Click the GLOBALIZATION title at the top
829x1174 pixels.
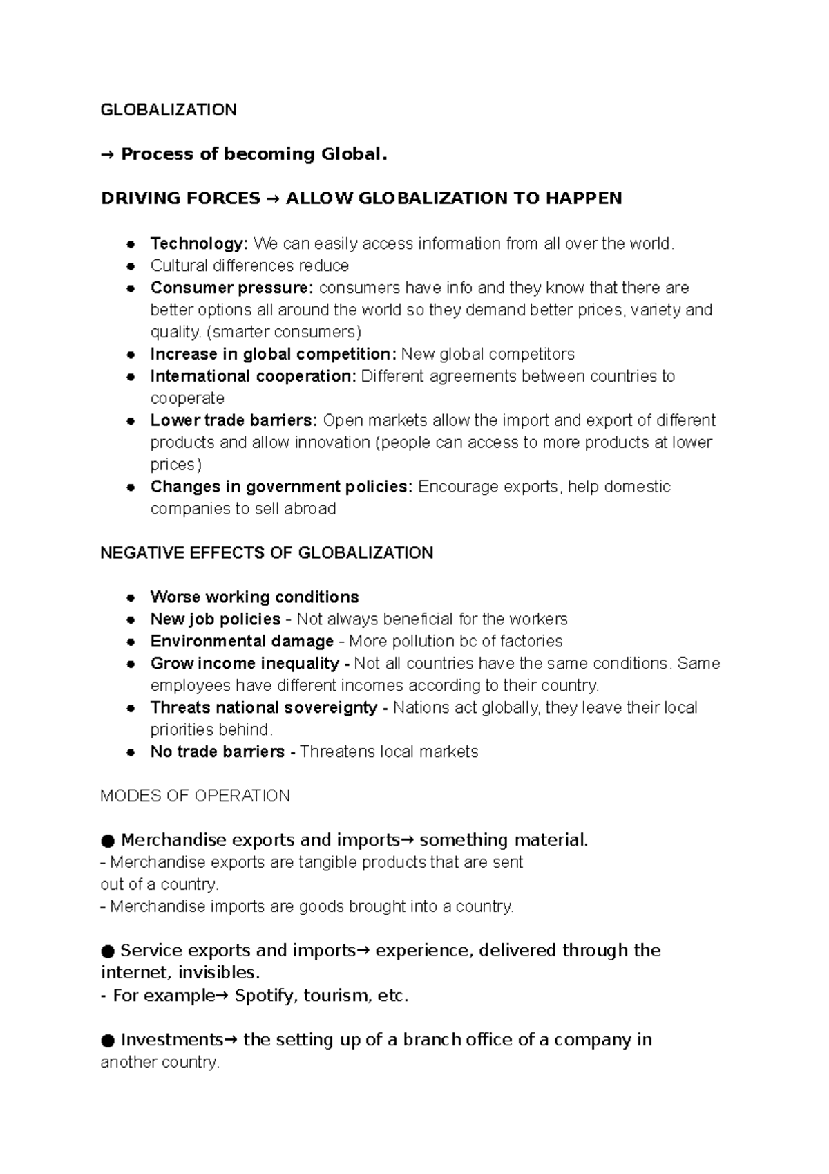169,110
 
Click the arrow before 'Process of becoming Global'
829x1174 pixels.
108,155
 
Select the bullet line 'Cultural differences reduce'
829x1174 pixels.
249,265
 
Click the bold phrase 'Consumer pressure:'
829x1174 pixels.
231,288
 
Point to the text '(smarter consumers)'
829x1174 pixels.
284,332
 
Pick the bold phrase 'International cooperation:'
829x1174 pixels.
253,376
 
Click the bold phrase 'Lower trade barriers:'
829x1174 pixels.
234,420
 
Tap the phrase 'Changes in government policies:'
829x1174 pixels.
281,487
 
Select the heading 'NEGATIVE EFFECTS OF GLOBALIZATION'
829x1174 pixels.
267,553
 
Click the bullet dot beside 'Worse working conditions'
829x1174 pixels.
130,598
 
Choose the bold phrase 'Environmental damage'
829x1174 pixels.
242,642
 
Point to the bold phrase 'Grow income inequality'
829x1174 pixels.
245,664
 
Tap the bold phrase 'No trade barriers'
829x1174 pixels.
217,752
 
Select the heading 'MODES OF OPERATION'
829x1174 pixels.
195,796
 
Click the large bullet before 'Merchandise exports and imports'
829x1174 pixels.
107,841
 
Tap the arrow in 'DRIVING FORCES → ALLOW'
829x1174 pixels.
272,199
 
